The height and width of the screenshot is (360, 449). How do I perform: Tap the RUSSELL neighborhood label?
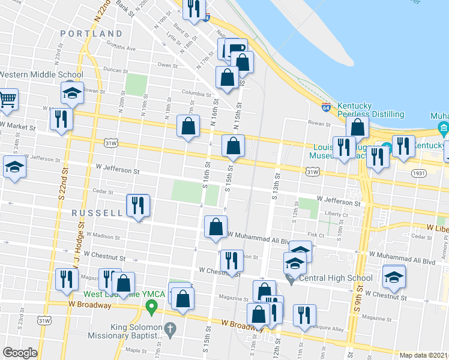tap(98, 213)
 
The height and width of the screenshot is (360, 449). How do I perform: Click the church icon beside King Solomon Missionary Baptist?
tap(170, 329)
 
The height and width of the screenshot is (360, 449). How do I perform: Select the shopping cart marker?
tap(8, 99)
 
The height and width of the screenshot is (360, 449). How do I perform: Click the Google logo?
tap(20, 353)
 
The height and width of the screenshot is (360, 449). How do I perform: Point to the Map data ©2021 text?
tap(423, 355)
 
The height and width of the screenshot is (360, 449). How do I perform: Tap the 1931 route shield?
tap(419, 173)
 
